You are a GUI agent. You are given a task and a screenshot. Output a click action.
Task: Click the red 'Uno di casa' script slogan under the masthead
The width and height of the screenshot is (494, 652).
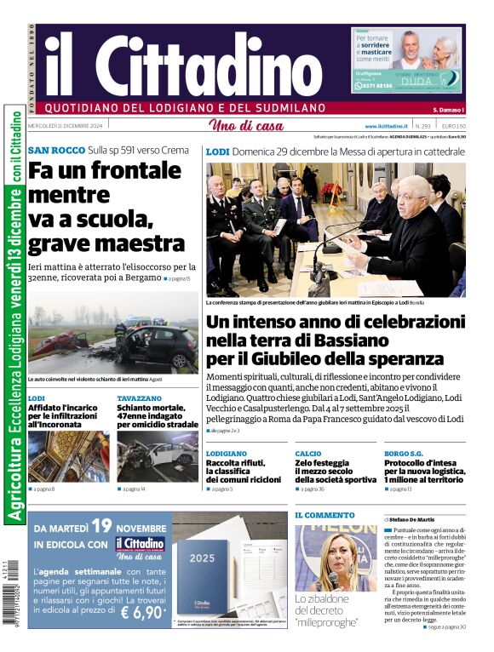point(245,127)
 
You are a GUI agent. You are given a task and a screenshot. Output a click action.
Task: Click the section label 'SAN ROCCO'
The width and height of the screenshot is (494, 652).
point(55,151)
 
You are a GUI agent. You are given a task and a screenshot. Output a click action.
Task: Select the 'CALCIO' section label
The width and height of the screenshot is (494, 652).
point(308,454)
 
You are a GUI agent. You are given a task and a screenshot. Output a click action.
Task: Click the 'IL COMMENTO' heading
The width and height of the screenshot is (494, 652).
point(325,515)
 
